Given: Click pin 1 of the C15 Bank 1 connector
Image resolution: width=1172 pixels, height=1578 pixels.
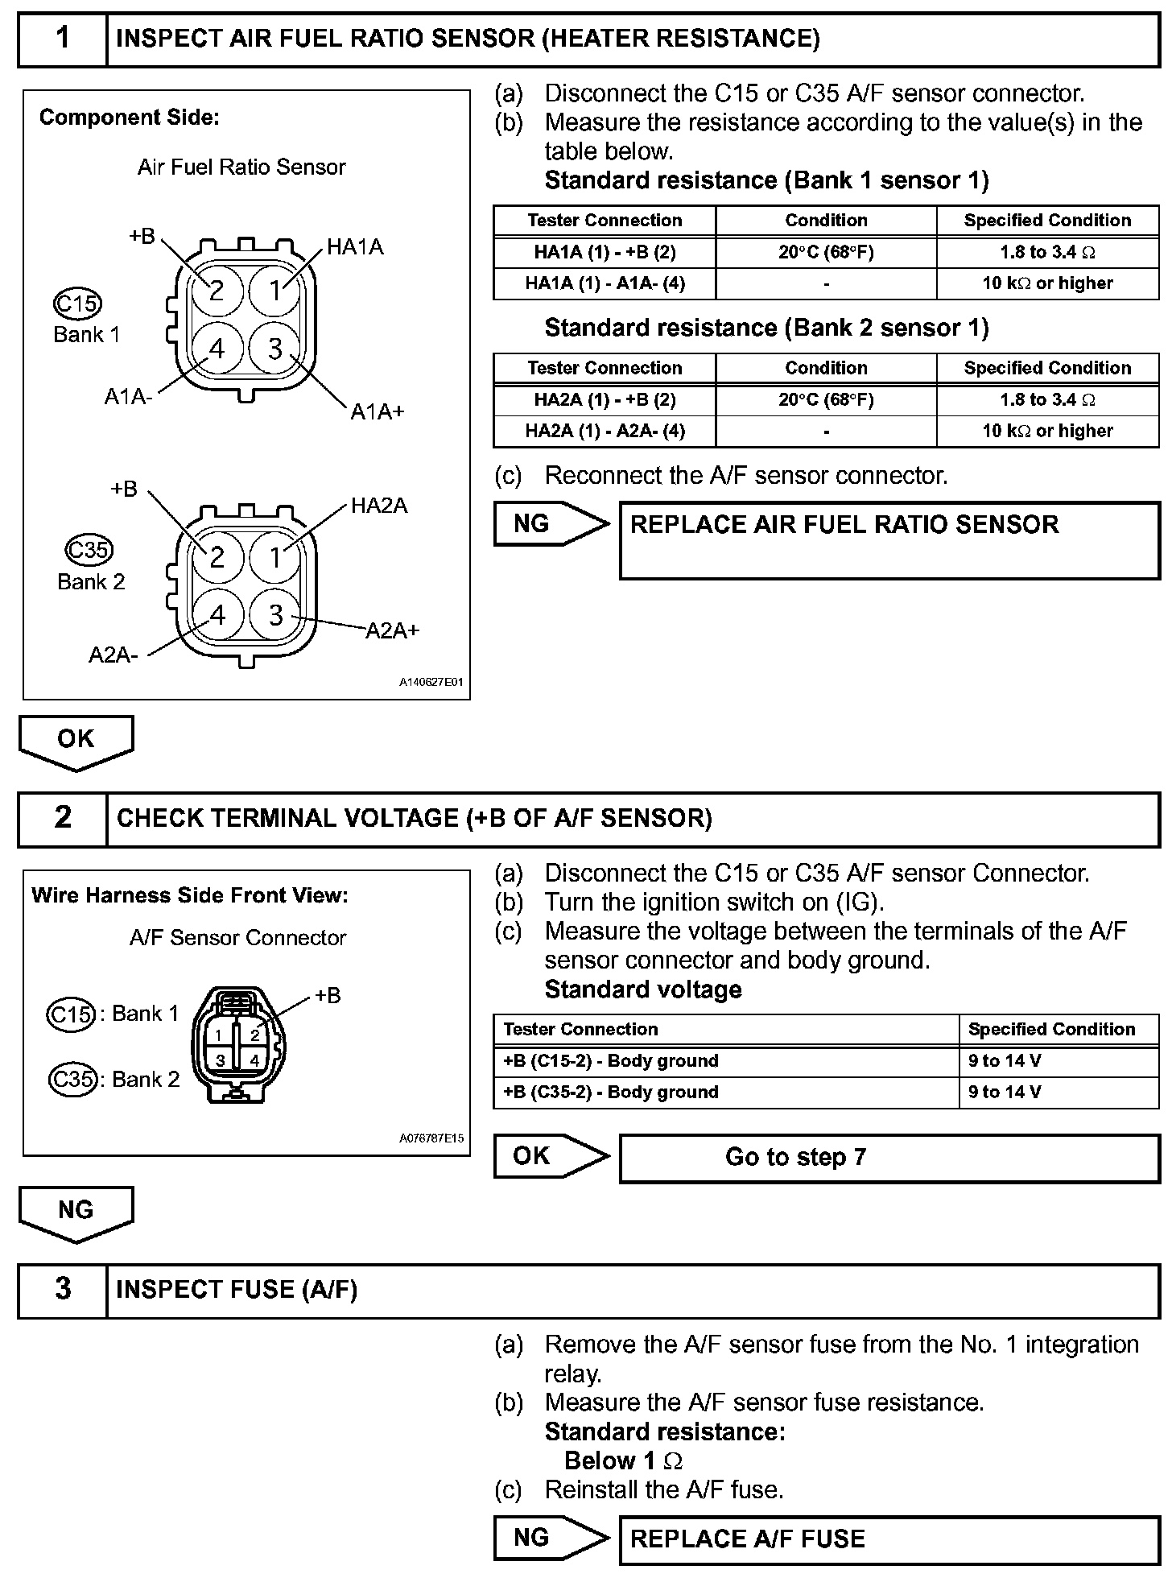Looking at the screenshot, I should point(275,290).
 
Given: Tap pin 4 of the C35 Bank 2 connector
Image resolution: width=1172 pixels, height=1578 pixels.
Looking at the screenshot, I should point(217,615).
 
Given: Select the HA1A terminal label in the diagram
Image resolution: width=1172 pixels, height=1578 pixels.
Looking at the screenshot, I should point(355,247).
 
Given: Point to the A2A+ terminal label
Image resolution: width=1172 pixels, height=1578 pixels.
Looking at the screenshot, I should point(393,630).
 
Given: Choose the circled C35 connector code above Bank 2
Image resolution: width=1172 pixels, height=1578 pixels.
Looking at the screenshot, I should point(89,550).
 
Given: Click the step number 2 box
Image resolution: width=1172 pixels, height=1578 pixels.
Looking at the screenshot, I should point(63,818).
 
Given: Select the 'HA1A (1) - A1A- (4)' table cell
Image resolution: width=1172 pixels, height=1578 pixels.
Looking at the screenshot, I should point(605,283).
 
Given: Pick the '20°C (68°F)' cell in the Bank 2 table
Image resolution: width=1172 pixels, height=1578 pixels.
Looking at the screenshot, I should point(826,400).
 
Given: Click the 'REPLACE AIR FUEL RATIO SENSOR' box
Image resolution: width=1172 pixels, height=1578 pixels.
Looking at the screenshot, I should point(889,540).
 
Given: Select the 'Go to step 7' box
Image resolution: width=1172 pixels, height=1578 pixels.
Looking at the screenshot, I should point(889,1158).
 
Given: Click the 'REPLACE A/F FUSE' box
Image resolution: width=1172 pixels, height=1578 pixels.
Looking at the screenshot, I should point(889,1539).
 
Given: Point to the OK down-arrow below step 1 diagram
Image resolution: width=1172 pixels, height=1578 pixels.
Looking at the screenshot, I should point(76,741).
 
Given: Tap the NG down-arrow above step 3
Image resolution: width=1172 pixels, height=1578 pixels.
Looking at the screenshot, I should point(76,1212).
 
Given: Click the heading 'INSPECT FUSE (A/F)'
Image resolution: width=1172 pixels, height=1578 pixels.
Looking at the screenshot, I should point(237,1289).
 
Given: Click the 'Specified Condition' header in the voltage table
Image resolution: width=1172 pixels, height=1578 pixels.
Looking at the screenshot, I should point(1051,1029).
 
